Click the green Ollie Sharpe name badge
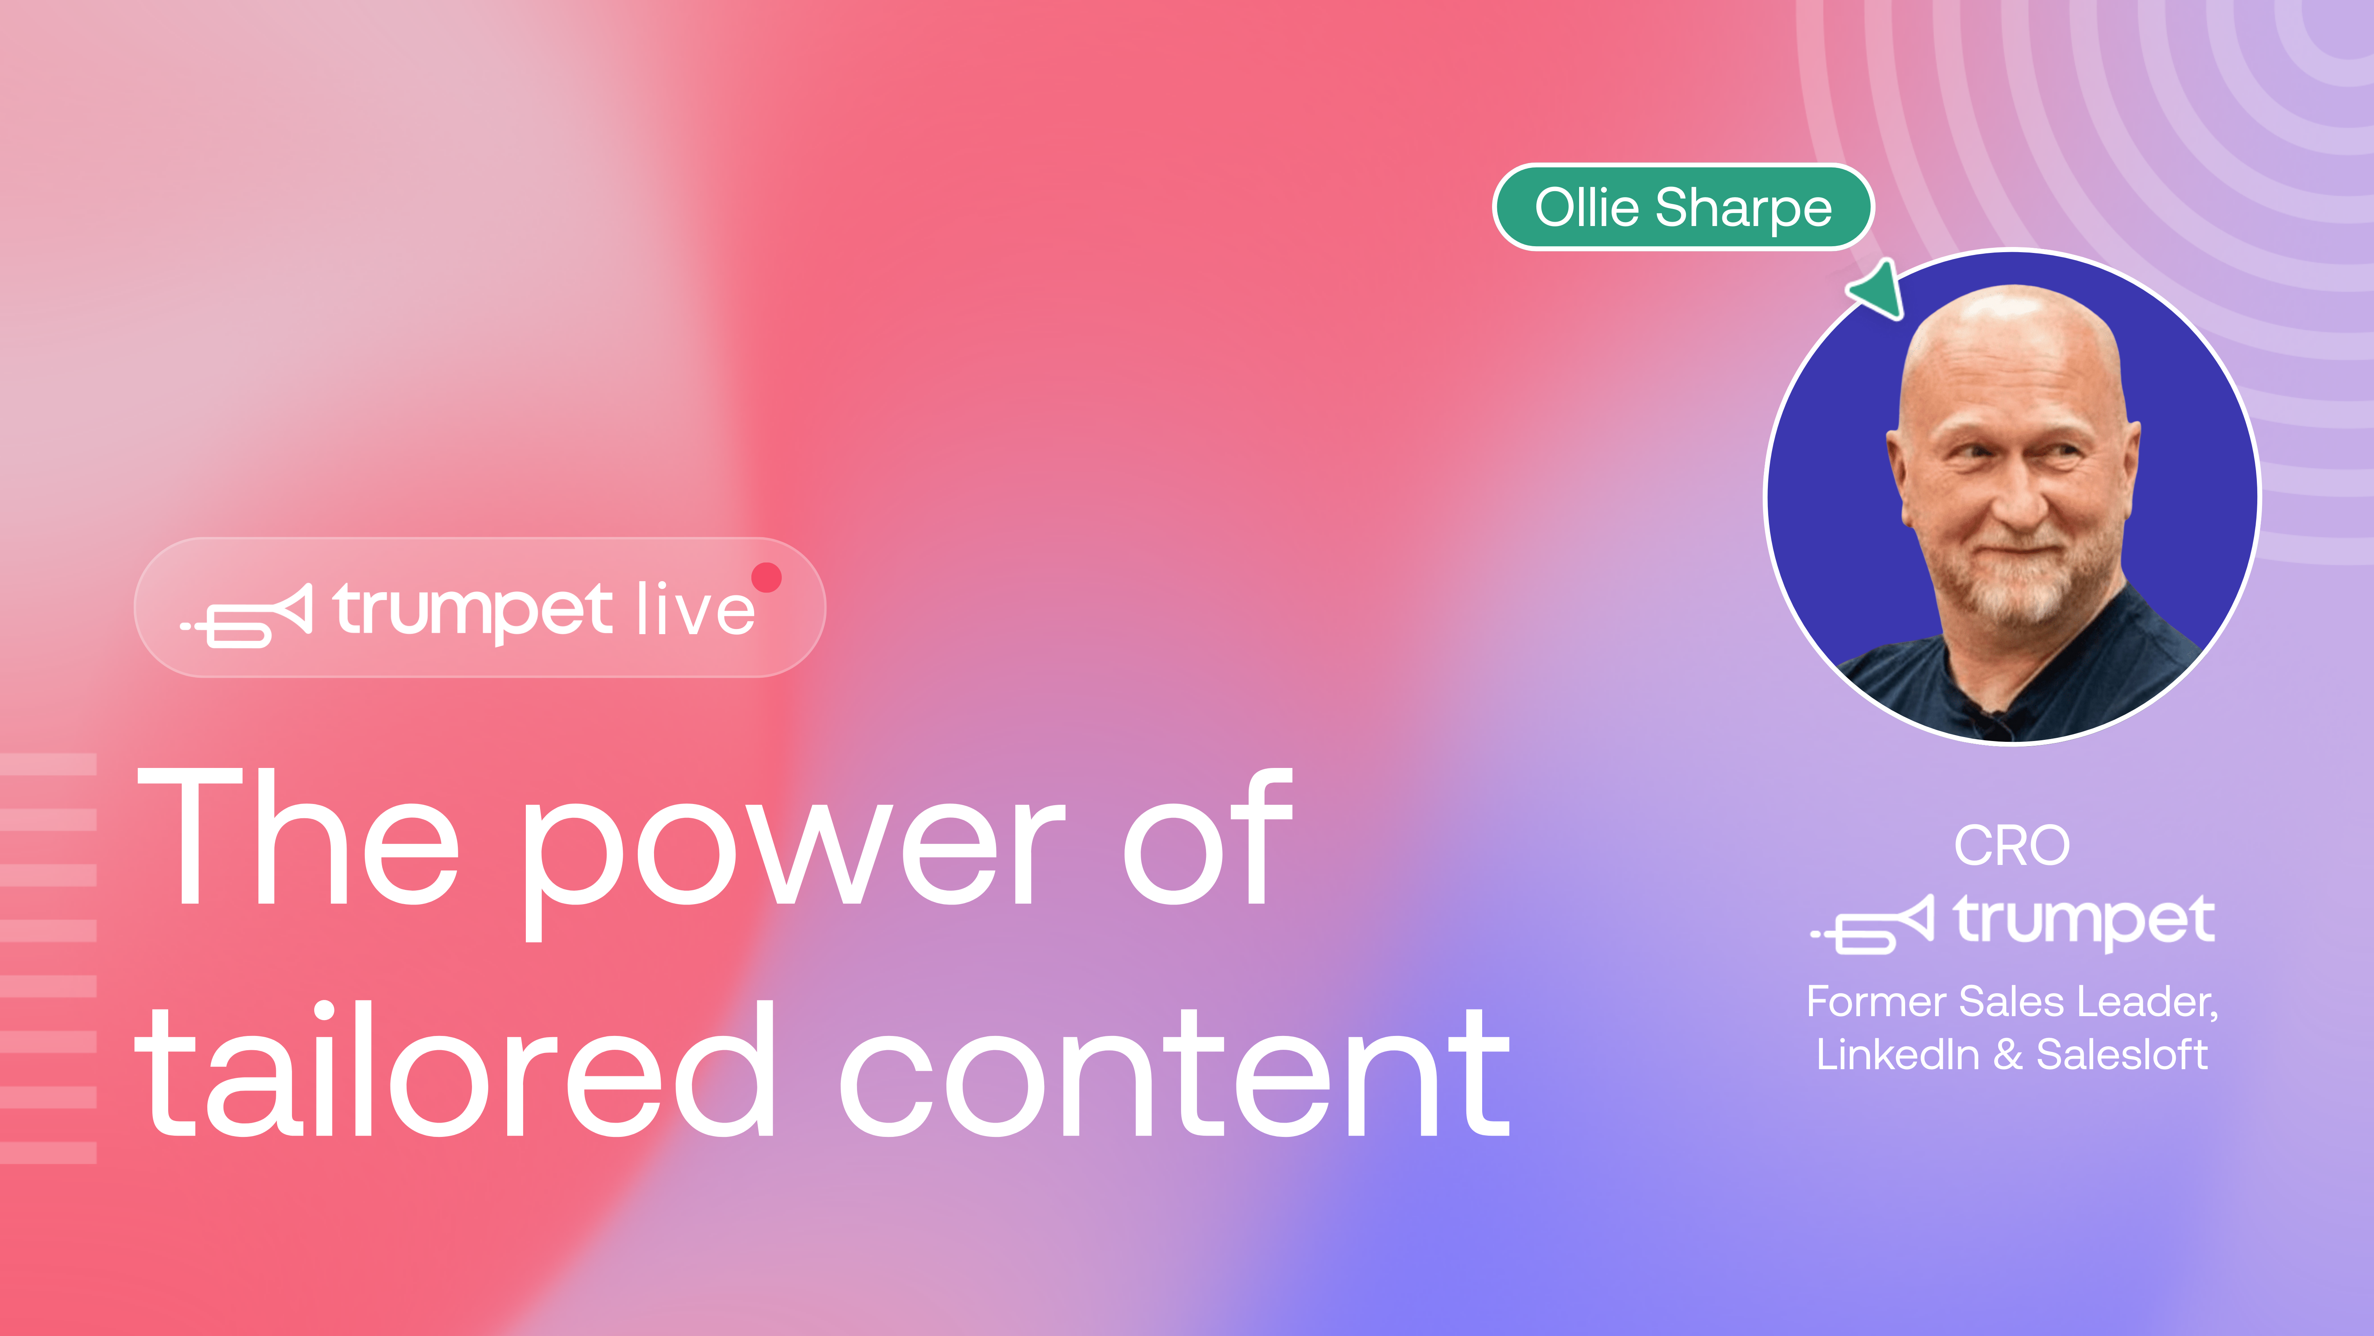point(1683,207)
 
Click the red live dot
point(766,577)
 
